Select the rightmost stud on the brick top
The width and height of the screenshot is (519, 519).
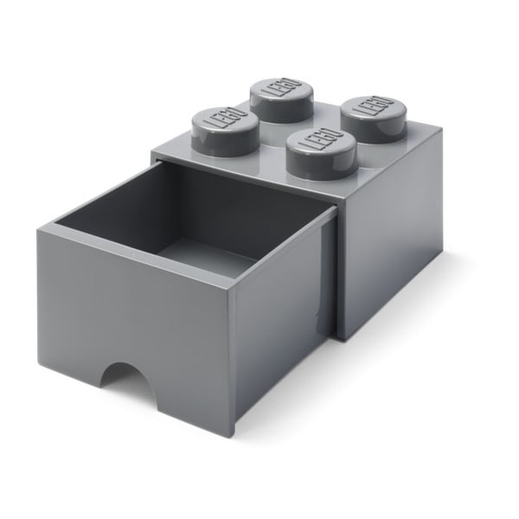tap(371, 116)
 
